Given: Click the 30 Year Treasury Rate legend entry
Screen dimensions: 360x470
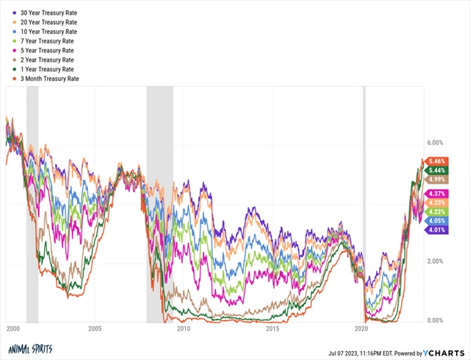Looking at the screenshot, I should (48, 13).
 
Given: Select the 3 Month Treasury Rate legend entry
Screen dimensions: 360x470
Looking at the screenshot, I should (50, 79).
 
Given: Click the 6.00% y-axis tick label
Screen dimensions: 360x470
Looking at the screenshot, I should (436, 143).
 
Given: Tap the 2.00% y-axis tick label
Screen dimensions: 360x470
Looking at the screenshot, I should (436, 262).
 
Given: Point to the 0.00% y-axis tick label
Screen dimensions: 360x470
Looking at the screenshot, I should (436, 321).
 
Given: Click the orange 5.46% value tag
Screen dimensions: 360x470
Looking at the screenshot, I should (437, 161).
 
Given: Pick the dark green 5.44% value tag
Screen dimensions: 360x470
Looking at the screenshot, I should (437, 170).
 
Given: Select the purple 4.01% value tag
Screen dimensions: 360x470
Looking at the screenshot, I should (437, 229).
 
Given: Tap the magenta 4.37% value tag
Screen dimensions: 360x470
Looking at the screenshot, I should (437, 193).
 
